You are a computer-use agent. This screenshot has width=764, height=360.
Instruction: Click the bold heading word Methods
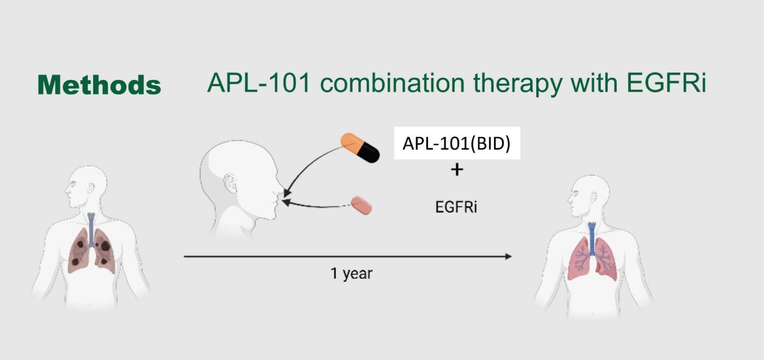(99, 85)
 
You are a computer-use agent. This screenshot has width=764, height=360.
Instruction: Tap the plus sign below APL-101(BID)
(457, 170)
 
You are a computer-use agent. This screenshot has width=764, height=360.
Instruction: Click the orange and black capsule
(361, 147)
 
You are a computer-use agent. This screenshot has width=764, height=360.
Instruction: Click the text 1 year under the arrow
(351, 274)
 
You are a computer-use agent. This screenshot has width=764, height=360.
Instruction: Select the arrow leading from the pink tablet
(316, 205)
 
